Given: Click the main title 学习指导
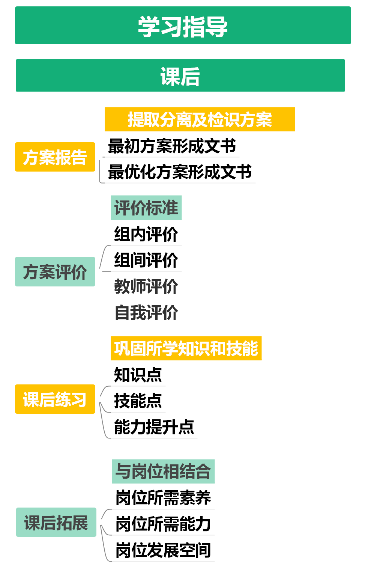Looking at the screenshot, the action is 183,26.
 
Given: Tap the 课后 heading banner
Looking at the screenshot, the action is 180,76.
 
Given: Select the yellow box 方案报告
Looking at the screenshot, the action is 55,157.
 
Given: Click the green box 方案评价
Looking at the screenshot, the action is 55,271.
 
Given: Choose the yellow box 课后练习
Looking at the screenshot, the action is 55,399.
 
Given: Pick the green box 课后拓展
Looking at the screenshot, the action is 56,522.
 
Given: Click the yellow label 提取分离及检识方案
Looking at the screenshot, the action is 200,119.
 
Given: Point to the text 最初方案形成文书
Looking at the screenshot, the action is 172,146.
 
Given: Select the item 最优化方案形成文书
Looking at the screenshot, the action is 180,172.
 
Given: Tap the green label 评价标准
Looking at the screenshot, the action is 146,208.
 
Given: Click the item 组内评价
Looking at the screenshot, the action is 146,234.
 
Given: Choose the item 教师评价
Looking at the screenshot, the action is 146,286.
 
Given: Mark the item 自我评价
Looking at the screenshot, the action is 146,312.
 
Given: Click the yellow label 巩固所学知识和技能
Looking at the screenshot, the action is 186,348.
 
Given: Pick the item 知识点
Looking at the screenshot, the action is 138,374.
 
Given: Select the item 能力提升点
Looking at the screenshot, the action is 154,426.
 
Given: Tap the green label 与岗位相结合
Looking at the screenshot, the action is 163,471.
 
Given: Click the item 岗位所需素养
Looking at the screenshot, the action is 163,497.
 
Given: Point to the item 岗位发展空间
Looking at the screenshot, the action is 163,550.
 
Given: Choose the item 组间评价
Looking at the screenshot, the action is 146,260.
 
